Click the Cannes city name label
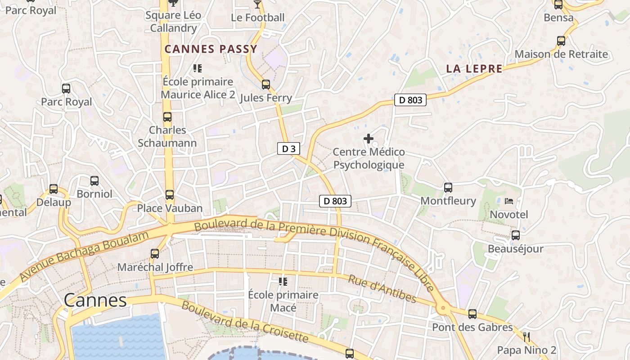click(x=95, y=300)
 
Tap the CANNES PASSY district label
click(x=211, y=49)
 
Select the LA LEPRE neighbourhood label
click(x=474, y=69)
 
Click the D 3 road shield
click(x=288, y=149)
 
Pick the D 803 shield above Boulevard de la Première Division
click(x=335, y=201)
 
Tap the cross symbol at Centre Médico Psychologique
click(x=369, y=139)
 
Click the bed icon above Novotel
click(x=509, y=201)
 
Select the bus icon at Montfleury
click(x=448, y=188)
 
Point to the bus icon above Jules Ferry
click(x=266, y=85)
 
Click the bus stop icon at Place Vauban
click(x=169, y=195)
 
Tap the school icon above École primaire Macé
click(x=283, y=282)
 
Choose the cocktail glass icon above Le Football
click(x=257, y=4)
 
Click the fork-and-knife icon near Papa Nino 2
click(x=526, y=337)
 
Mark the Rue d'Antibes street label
click(x=382, y=288)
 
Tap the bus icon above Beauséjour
click(x=515, y=235)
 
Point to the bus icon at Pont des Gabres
click(x=472, y=314)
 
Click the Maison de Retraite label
click(x=561, y=54)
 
